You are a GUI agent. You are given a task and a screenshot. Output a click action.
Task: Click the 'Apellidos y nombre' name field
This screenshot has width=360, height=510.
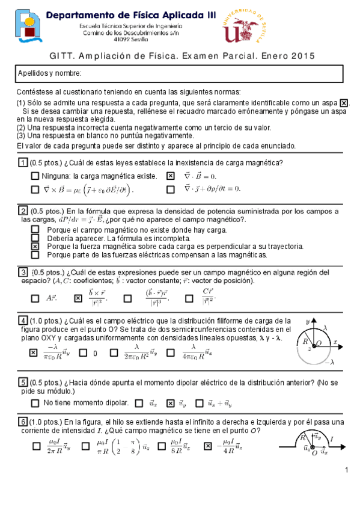point(180,73)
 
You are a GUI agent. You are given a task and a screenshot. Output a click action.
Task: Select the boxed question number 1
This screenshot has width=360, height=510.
point(22,164)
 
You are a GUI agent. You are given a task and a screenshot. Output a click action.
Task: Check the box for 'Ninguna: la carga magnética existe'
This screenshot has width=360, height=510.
point(35,176)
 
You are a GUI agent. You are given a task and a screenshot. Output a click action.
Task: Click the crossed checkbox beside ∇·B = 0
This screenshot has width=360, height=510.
point(170,176)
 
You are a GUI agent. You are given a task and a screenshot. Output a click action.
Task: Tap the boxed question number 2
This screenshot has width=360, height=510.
point(22,210)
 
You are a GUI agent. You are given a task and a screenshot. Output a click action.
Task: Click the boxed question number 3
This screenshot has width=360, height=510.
point(22,272)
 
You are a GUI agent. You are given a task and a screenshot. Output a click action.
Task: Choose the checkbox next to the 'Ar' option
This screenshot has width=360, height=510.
point(35,298)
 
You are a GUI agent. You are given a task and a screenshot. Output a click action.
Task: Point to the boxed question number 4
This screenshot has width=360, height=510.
point(22,319)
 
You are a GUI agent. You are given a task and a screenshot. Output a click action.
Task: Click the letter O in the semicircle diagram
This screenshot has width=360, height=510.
point(319,342)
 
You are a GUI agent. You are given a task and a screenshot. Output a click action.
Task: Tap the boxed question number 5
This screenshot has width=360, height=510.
point(22,382)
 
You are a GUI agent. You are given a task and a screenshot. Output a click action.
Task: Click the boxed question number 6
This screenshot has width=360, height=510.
point(22,420)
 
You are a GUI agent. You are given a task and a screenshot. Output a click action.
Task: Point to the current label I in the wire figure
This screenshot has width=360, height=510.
point(333,439)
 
